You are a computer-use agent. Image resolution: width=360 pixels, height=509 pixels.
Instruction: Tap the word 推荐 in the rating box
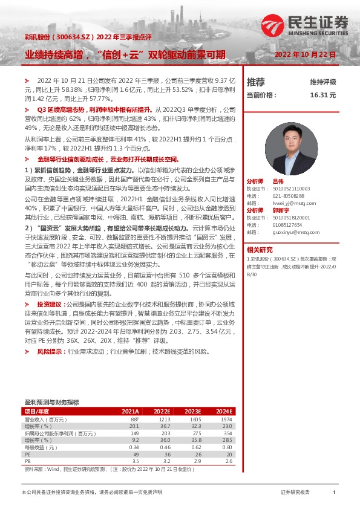(x=256, y=82)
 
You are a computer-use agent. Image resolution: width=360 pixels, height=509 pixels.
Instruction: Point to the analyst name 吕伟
(x=278, y=181)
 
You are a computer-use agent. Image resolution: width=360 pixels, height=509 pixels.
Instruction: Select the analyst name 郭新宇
(x=280, y=210)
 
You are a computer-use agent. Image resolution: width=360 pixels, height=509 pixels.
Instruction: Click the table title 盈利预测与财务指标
(x=51, y=401)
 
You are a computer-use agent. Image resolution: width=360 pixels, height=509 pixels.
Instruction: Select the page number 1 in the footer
(x=334, y=493)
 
